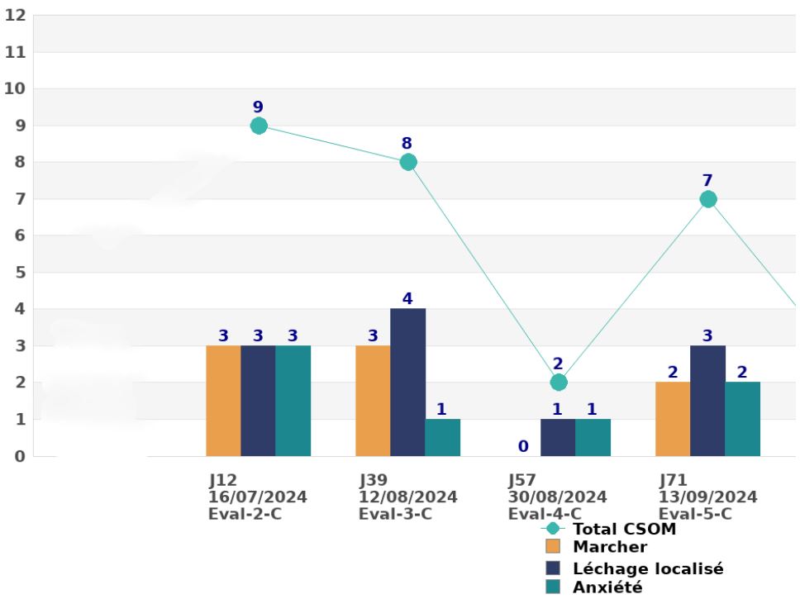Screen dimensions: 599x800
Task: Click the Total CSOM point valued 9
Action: click(x=259, y=126)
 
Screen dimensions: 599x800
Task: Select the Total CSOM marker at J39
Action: click(x=408, y=162)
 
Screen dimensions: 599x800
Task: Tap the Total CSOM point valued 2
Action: click(x=559, y=383)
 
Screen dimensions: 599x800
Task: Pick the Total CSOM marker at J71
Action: click(x=708, y=199)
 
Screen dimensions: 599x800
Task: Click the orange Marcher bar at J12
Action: click(x=223, y=401)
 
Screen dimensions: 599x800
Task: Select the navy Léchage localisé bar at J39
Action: click(x=408, y=383)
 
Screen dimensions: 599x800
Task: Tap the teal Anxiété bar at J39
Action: click(x=443, y=438)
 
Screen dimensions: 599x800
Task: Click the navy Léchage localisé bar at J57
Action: click(x=558, y=438)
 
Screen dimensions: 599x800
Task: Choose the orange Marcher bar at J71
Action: click(x=673, y=419)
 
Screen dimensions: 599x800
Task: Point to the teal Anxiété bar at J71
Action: click(x=743, y=419)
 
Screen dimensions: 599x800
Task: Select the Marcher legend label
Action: click(x=610, y=547)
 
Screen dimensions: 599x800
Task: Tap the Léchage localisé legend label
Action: click(x=648, y=569)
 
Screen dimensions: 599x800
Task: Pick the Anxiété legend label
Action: click(x=607, y=587)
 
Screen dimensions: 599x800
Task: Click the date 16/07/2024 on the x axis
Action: click(x=258, y=497)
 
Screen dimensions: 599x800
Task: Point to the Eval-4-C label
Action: click(x=545, y=513)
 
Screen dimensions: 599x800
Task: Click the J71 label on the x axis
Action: click(x=673, y=480)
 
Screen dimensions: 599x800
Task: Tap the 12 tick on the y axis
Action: click(x=16, y=16)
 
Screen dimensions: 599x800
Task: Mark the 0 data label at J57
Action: click(x=523, y=447)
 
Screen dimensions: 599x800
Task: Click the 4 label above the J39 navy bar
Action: click(x=407, y=298)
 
